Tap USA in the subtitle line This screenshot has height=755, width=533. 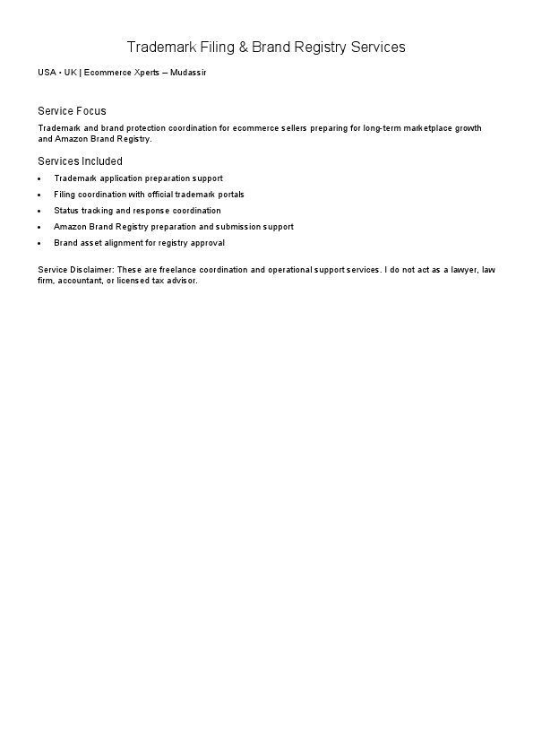pos(47,72)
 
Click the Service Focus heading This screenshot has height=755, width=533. pos(72,111)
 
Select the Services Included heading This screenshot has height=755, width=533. pos(80,161)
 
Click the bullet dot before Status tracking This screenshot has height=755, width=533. pos(40,211)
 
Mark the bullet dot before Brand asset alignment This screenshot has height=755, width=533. pos(40,243)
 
